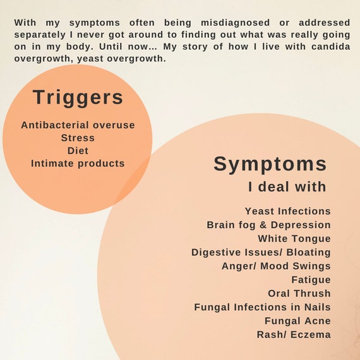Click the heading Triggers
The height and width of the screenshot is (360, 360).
[x=78, y=97]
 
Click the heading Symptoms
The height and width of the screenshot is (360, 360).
[x=270, y=164]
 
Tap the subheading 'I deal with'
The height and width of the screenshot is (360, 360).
[x=287, y=187]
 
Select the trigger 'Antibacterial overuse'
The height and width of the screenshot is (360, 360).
[x=78, y=125]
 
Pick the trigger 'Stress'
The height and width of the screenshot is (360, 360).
[x=78, y=138]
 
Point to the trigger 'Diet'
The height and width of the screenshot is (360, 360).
[x=78, y=151]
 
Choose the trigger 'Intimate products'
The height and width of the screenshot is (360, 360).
[x=78, y=164]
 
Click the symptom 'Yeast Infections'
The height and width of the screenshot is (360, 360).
[x=288, y=211]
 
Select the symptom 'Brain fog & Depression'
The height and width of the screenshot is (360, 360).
[x=269, y=225]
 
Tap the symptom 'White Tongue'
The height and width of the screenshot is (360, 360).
[x=294, y=239]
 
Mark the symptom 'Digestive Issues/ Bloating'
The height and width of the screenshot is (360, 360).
[x=261, y=253]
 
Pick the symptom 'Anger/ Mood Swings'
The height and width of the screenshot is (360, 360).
[x=277, y=266]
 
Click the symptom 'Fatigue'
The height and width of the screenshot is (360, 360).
[x=311, y=280]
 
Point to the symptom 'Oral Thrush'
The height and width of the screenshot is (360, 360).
[x=299, y=294]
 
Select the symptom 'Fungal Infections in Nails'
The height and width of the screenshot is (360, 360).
[x=263, y=307]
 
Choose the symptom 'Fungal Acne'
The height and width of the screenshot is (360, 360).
[x=297, y=321]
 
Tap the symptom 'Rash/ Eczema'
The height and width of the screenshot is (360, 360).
[x=294, y=335]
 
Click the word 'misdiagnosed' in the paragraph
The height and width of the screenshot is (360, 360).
[x=236, y=23]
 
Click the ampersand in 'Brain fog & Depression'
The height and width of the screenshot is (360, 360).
[x=263, y=225]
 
